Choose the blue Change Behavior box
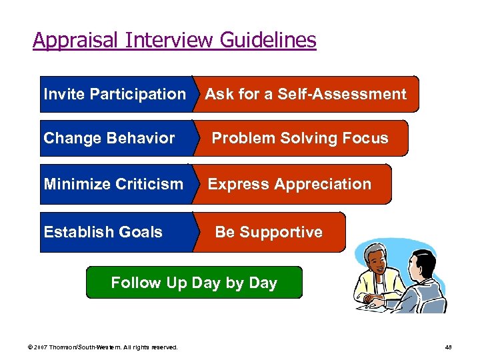(x=109, y=138)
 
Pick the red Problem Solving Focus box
(x=300, y=138)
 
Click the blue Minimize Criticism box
(x=113, y=184)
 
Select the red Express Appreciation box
(x=291, y=184)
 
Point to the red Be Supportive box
(x=269, y=232)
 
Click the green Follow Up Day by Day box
(x=194, y=283)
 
